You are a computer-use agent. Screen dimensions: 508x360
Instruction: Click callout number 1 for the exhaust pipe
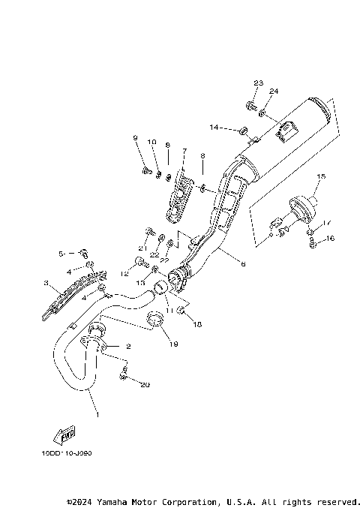(95, 413)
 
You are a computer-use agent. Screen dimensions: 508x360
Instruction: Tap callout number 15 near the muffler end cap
(320, 177)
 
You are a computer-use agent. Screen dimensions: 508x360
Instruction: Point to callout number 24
(274, 92)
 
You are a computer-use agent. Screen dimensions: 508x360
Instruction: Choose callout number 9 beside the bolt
(136, 137)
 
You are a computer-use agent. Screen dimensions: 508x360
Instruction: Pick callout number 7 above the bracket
(183, 151)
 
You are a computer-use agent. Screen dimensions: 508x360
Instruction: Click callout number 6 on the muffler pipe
(243, 263)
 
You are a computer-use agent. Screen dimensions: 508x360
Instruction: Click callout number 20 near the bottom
(145, 385)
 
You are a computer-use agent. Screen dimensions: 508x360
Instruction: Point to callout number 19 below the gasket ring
(173, 344)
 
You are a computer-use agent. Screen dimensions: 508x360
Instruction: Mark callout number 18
(199, 324)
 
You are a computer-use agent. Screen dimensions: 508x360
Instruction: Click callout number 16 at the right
(331, 239)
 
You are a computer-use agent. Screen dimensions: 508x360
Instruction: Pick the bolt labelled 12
(139, 262)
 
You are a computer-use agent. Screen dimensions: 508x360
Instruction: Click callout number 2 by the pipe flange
(129, 347)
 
